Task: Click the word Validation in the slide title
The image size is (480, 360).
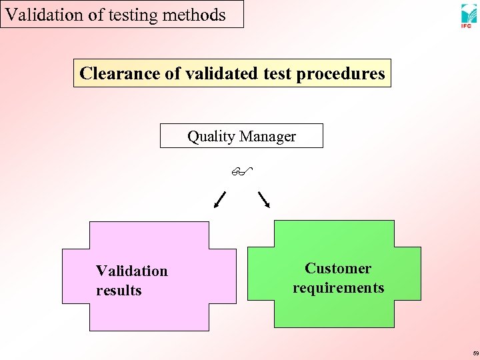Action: (x=38, y=14)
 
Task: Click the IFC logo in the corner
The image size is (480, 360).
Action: (x=468, y=15)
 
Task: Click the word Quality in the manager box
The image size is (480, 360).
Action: (x=211, y=137)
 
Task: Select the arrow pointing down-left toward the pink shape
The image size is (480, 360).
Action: (x=219, y=199)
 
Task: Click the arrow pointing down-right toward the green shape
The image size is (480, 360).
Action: (x=264, y=199)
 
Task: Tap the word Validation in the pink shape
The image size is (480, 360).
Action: (x=132, y=271)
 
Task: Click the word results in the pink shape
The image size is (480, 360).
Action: (x=119, y=290)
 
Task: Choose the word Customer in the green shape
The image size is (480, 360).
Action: (x=338, y=268)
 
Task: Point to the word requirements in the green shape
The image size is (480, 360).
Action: (x=338, y=287)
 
